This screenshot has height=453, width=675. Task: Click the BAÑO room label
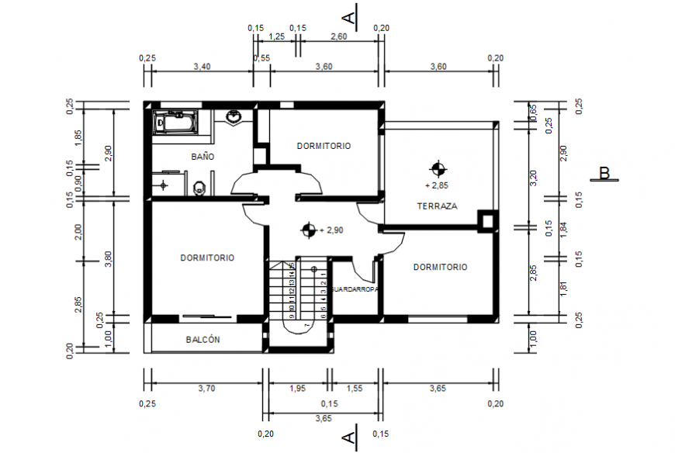[x=202, y=157]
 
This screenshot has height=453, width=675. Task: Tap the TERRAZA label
[x=437, y=206]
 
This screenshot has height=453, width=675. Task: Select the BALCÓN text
[x=203, y=340]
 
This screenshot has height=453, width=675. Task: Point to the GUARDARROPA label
[x=355, y=289]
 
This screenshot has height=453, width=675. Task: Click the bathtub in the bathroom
[x=176, y=123]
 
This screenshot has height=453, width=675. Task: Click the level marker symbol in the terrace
[x=438, y=168]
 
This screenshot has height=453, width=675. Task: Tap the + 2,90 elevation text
[x=331, y=230]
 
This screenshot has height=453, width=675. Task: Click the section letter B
[x=604, y=173]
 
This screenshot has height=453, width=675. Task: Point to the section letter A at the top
[x=350, y=16]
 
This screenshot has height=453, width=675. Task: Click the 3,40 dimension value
[x=201, y=67]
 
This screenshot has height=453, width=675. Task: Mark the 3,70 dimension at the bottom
[x=206, y=388]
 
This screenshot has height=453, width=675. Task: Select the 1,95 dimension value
[x=297, y=388]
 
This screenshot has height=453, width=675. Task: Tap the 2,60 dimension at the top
[x=338, y=36]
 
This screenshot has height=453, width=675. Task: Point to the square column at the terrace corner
[x=487, y=222]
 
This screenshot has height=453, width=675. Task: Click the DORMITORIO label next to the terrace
[x=440, y=267]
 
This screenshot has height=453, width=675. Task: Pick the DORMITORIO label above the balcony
[x=207, y=258]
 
